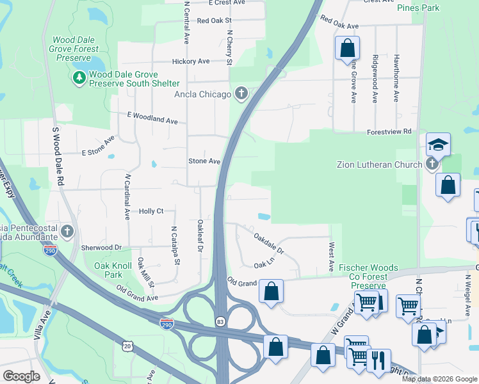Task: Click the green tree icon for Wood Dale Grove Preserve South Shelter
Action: click(x=79, y=78)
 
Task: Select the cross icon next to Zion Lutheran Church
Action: click(x=432, y=164)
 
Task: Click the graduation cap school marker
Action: click(x=439, y=145)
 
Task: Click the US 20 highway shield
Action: click(x=127, y=346)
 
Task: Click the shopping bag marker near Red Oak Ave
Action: click(x=346, y=47)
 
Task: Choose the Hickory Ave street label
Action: click(x=191, y=61)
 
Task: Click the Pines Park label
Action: click(x=418, y=8)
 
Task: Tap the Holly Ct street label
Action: click(x=152, y=211)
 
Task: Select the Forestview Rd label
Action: click(x=389, y=132)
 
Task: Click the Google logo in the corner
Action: click(x=21, y=376)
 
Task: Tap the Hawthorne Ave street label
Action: click(x=396, y=79)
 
